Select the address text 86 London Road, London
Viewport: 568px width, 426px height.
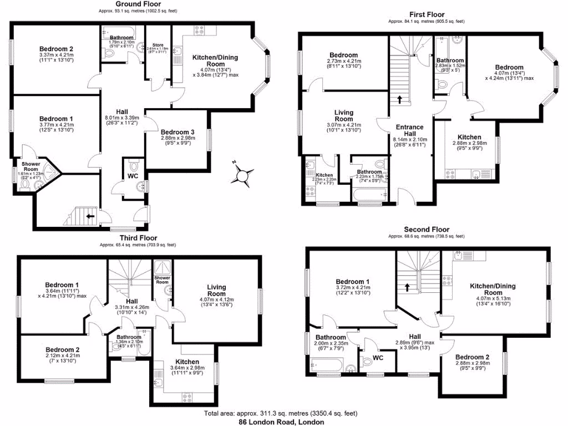click(x=281, y=422)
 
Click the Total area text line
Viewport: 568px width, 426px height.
click(x=281, y=413)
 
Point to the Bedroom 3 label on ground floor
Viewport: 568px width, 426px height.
click(x=178, y=132)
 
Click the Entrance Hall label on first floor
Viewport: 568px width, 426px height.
click(x=409, y=131)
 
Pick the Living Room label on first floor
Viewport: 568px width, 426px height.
click(x=344, y=116)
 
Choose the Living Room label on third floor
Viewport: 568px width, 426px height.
click(x=216, y=290)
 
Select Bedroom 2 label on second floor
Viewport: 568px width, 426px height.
click(x=471, y=357)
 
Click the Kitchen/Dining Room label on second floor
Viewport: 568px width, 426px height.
click(x=493, y=289)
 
